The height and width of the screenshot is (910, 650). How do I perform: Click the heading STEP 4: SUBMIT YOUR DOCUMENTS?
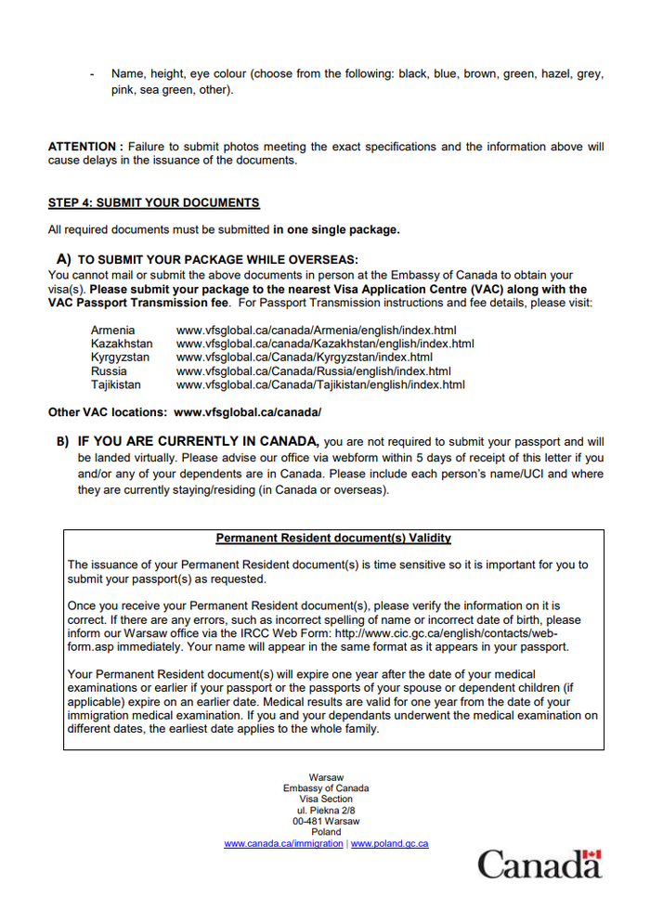153,202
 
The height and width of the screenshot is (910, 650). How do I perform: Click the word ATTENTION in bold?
84,147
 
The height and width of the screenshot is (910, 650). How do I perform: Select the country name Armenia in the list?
112,331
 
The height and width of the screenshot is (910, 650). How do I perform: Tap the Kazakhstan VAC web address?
325,344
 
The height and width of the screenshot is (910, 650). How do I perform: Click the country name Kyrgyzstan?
121,357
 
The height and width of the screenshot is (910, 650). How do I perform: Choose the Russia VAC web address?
313,370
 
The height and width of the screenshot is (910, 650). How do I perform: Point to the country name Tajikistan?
116,383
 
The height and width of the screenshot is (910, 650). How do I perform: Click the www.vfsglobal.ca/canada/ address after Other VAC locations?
248,411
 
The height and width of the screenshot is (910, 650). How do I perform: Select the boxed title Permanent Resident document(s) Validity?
333,538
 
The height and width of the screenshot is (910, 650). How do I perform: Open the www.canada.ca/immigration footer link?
283,843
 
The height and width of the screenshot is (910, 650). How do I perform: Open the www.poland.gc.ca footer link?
389,843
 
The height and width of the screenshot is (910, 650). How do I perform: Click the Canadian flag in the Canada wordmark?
592,854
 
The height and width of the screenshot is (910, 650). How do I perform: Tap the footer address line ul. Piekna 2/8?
326,810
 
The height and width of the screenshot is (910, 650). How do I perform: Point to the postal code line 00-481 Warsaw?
326,821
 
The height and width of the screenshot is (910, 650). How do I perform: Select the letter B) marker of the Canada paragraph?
63,442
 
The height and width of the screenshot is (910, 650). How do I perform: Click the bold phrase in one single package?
336,229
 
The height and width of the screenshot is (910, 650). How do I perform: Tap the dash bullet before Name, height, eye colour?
92,73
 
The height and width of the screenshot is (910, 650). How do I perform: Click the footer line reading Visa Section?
326,799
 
